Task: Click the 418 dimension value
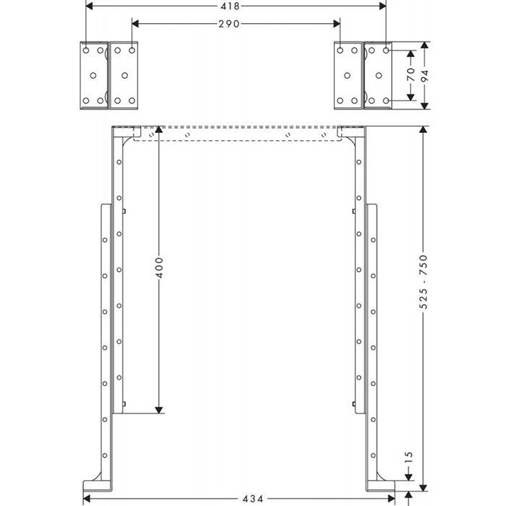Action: coord(231,6)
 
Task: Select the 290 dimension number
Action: coord(229,24)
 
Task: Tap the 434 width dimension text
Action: coord(253,499)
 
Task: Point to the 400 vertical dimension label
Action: coord(160,267)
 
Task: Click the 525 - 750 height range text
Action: coord(424,281)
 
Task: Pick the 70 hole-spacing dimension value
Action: coord(411,74)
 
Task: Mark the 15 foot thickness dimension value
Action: coord(408,458)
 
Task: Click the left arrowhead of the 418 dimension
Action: coord(90,6)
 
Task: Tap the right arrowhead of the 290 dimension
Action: coord(337,24)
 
